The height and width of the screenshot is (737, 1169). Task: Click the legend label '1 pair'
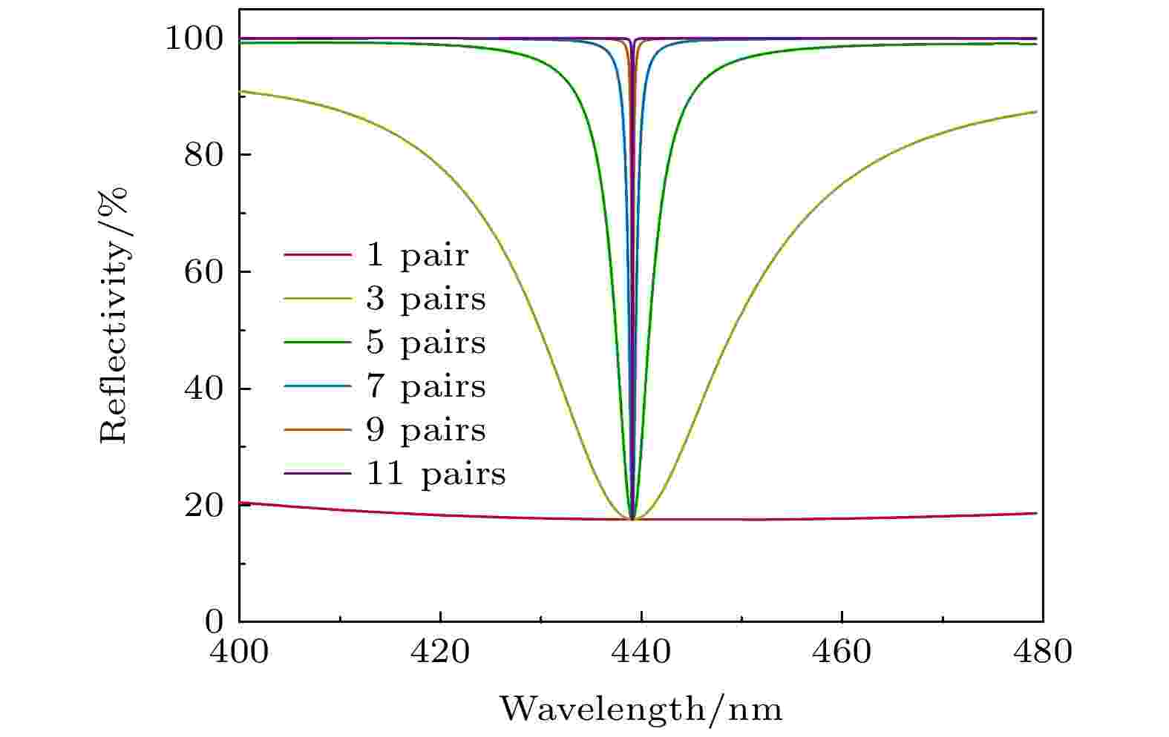[x=417, y=257]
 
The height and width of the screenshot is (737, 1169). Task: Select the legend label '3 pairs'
[x=425, y=300]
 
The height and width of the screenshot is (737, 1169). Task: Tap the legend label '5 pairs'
[x=425, y=343]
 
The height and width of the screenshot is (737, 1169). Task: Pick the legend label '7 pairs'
[x=425, y=386]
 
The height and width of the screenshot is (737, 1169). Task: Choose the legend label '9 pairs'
[x=425, y=430]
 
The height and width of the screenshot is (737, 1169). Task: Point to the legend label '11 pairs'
[x=435, y=474]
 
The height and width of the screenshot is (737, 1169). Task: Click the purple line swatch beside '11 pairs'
[x=317, y=473]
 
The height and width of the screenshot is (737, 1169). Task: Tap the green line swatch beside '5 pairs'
[x=317, y=343]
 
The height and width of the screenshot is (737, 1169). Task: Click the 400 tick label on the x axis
[x=239, y=652]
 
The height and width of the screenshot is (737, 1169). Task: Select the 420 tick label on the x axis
[x=440, y=652]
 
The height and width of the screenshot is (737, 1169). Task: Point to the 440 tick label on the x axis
[x=641, y=652]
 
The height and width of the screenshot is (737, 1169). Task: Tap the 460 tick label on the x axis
[x=842, y=652]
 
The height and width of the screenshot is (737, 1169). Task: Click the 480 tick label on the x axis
[x=1042, y=652]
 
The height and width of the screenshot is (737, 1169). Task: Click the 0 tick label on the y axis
[x=215, y=621]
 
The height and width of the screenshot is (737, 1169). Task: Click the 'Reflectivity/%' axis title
[x=114, y=314]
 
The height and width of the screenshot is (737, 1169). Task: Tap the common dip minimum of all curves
[x=632, y=519]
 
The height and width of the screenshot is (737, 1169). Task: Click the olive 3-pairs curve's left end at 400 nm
[x=240, y=91]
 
